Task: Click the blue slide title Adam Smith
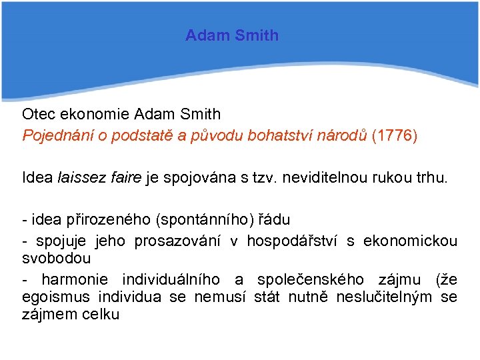(x=232, y=35)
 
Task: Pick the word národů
(x=346, y=136)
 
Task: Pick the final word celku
(x=102, y=314)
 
